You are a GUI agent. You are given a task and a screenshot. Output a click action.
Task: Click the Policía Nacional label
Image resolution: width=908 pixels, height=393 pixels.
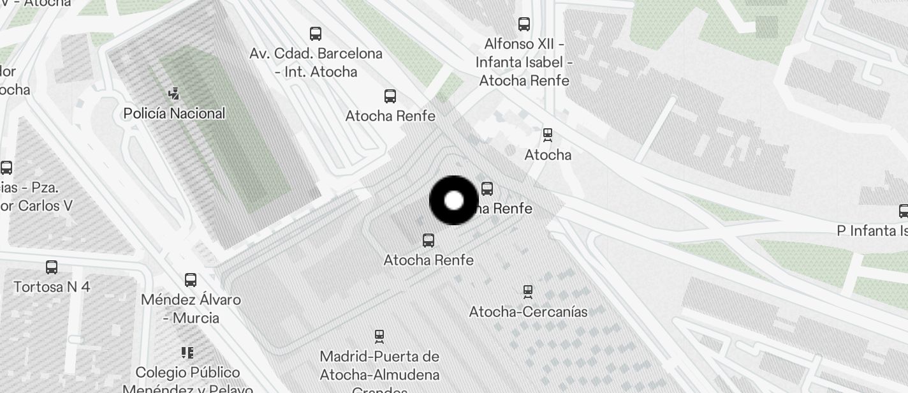(174, 114)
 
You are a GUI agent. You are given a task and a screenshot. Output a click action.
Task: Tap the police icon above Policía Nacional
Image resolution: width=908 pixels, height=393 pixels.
(173, 94)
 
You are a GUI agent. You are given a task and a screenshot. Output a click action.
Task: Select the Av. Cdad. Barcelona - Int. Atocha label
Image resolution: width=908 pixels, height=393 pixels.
(316, 63)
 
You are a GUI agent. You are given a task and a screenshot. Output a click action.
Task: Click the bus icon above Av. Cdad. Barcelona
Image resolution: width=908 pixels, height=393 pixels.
(316, 33)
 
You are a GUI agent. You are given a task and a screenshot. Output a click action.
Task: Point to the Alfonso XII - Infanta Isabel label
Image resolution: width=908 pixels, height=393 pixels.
(524, 63)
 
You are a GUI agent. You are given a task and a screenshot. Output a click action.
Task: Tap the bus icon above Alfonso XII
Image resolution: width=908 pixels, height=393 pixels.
(524, 24)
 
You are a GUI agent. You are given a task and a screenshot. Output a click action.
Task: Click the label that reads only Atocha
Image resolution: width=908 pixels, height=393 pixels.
(548, 154)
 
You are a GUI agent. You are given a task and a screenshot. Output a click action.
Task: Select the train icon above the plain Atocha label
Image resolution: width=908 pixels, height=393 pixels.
(547, 135)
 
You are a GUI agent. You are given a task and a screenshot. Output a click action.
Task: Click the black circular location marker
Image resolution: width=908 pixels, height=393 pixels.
(453, 200)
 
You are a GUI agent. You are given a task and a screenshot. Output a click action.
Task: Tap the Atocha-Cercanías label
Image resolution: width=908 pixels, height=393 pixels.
(528, 312)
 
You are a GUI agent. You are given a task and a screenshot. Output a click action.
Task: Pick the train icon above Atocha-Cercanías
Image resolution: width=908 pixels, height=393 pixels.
(528, 292)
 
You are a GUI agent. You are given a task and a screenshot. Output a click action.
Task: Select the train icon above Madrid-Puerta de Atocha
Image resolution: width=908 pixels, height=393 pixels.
(379, 336)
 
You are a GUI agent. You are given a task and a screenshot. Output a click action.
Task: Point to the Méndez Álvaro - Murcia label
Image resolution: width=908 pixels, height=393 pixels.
(191, 309)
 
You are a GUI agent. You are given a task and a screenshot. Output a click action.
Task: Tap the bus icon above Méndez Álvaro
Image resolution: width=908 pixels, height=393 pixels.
(191, 279)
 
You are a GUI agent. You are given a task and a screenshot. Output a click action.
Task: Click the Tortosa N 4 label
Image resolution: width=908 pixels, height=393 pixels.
(52, 286)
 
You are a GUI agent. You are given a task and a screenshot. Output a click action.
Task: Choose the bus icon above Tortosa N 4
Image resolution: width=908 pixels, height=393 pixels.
(52, 267)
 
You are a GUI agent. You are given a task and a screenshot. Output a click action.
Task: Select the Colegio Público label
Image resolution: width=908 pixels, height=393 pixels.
(187, 373)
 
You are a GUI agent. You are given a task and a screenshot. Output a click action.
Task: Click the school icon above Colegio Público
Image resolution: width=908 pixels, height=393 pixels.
(187, 352)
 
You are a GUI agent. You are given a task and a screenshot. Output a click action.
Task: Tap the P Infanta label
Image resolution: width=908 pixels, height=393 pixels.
(872, 230)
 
